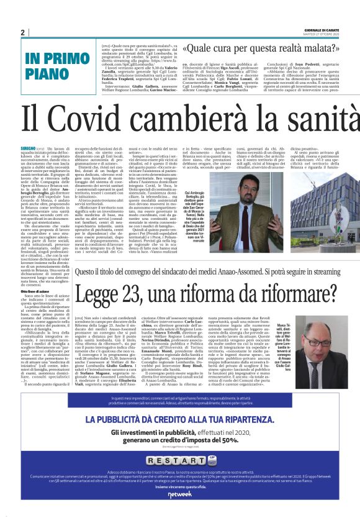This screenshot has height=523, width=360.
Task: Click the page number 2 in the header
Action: (x=22, y=32)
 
